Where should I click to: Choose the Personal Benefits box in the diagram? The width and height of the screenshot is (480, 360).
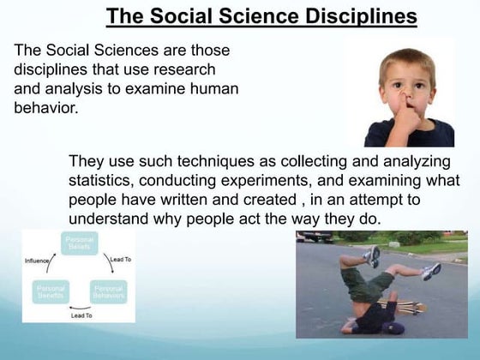point(50,292)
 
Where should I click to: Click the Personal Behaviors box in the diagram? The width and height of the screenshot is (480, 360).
point(109,292)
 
